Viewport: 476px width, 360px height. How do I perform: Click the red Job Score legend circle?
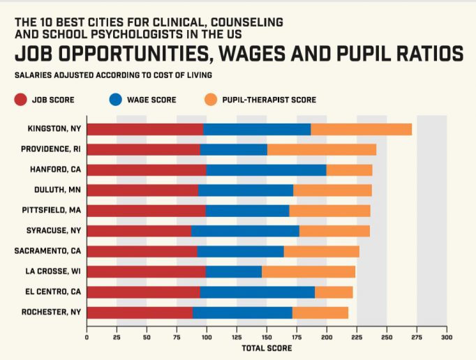click(x=20, y=100)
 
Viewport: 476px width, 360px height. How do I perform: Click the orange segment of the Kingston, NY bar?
click(x=362, y=129)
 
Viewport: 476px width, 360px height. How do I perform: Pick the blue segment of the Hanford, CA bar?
click(x=267, y=170)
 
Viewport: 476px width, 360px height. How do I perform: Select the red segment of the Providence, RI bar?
click(x=143, y=149)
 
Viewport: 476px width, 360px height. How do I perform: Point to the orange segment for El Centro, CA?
click(x=334, y=292)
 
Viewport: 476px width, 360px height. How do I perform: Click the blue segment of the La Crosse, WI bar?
click(x=234, y=271)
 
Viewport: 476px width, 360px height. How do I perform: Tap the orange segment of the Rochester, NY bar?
click(x=320, y=312)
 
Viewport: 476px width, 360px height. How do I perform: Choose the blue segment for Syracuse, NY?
click(x=245, y=231)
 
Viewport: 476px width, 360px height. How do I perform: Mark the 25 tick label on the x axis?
click(x=117, y=337)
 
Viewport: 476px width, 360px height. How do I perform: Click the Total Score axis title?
click(x=267, y=348)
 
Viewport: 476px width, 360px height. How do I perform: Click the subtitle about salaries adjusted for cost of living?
click(x=113, y=75)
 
